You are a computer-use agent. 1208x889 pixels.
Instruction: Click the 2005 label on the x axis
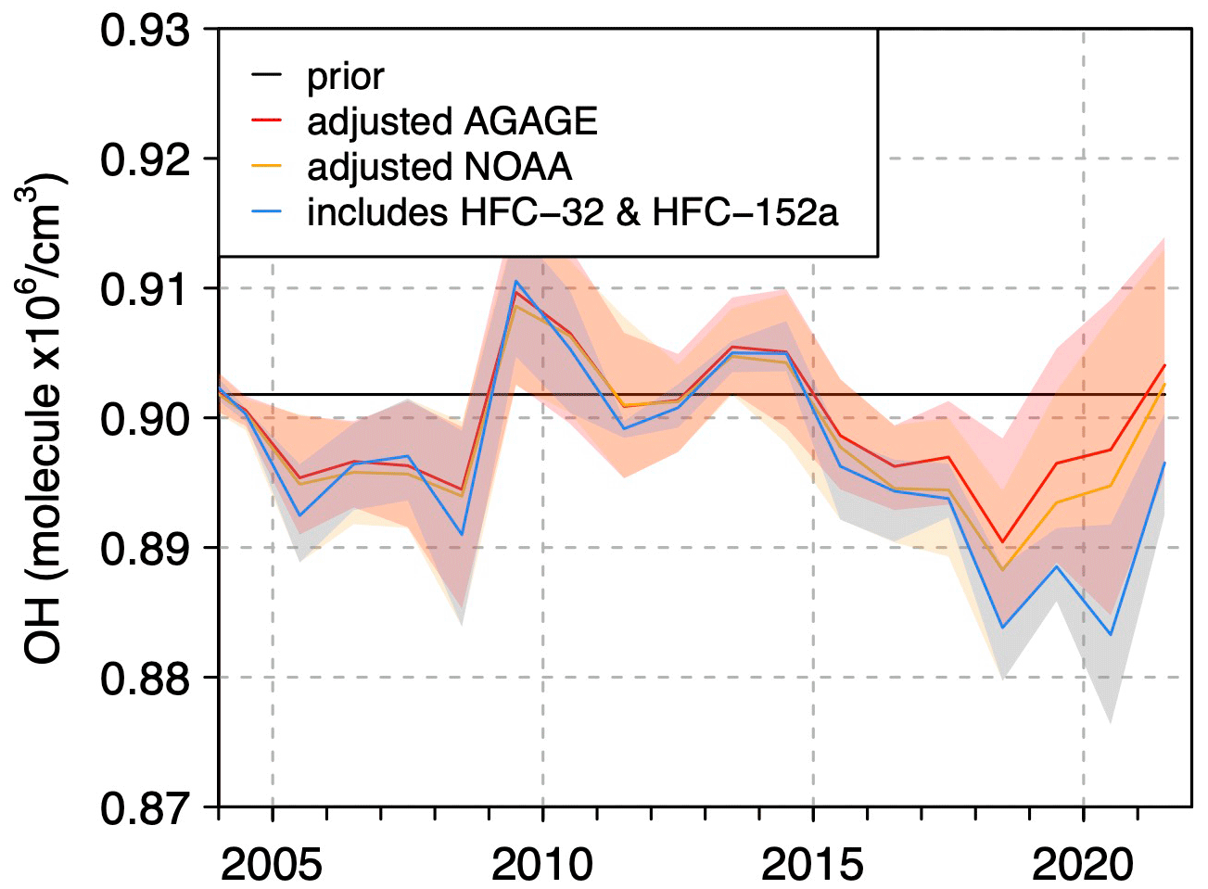click(272, 864)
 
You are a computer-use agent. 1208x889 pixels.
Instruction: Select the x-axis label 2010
click(542, 864)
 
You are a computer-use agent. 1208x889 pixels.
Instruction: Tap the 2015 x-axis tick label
click(813, 864)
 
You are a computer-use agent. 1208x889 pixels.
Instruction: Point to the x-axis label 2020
click(1083, 864)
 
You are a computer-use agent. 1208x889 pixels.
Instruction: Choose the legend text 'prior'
click(345, 77)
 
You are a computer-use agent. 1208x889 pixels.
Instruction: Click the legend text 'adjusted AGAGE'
click(452, 121)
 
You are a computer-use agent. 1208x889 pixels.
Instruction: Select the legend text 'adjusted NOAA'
click(439, 167)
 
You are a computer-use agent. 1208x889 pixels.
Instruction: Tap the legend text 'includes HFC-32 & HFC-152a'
click(572, 212)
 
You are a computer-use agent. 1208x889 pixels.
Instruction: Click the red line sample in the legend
click(267, 121)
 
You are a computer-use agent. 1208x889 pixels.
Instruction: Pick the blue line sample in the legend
click(267, 212)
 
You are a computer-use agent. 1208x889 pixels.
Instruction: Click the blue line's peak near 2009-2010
click(515, 281)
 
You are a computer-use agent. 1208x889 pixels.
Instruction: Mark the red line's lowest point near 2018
click(1002, 542)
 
